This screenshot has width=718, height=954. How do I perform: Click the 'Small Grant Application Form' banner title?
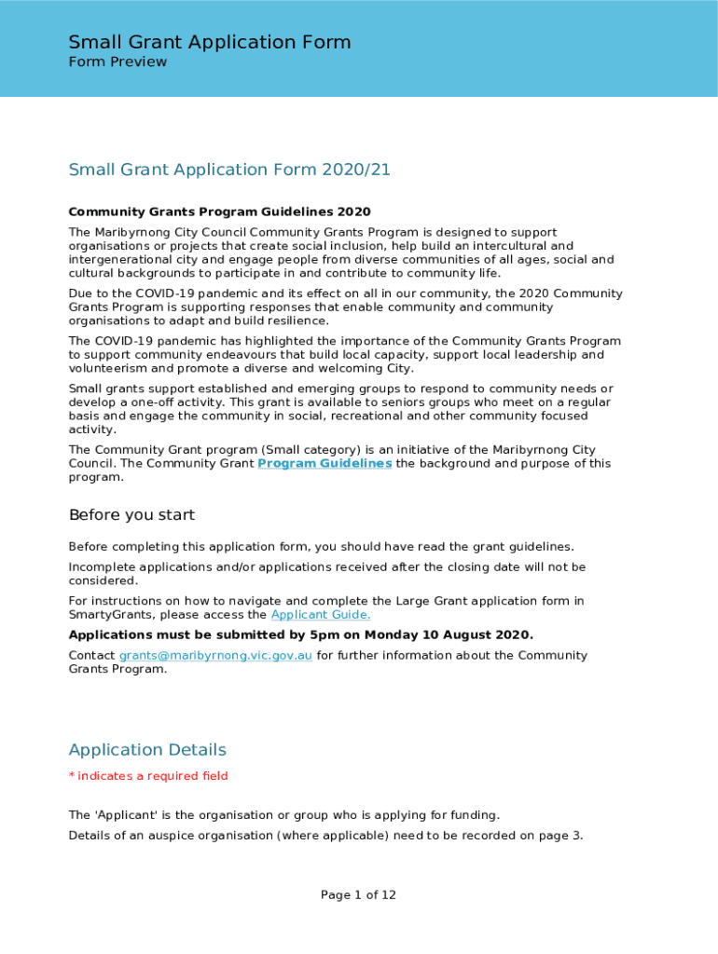click(210, 42)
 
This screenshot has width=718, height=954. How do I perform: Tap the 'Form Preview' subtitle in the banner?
click(117, 62)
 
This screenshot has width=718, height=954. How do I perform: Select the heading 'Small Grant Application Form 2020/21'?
click(229, 170)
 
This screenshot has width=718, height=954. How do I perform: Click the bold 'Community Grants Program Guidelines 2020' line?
click(219, 212)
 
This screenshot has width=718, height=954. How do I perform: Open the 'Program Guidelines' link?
click(324, 464)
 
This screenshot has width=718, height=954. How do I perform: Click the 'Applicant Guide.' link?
click(321, 615)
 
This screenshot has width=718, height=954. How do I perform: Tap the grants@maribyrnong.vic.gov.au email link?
click(215, 656)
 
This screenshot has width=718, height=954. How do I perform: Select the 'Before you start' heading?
click(131, 515)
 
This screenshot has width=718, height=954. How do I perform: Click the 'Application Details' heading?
click(147, 750)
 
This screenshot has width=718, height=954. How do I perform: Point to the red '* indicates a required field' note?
click(148, 776)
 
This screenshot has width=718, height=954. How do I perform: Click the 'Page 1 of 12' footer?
click(358, 895)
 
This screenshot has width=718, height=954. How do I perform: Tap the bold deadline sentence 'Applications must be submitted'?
click(301, 635)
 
